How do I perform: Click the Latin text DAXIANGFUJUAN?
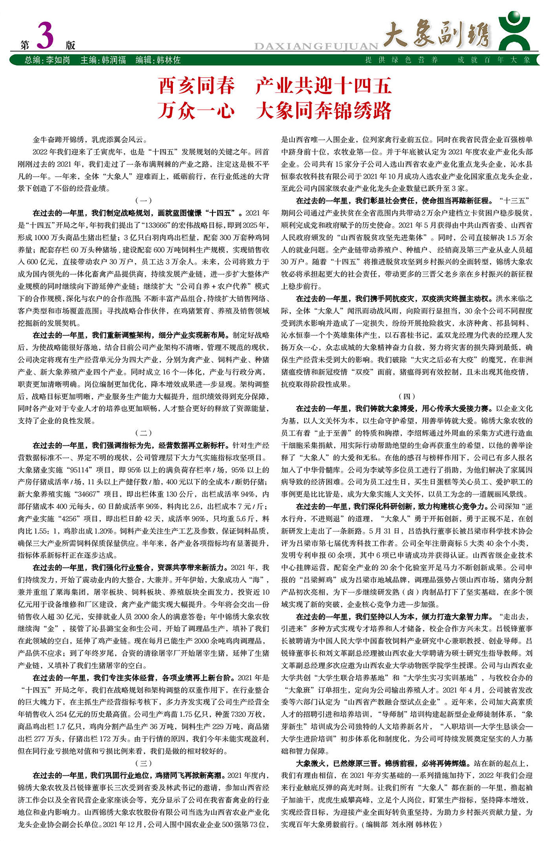tap(316, 46)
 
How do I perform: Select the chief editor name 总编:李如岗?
tap(47, 60)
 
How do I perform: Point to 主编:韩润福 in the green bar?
tap(103, 60)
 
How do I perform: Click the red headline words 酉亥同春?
tap(196, 86)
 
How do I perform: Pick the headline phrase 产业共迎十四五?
tap(323, 86)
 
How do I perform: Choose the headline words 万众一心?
tap(196, 111)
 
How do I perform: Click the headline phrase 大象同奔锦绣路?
tap(323, 111)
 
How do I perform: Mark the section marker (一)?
tap(144, 201)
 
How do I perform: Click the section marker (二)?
tap(144, 433)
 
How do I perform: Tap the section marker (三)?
tap(144, 763)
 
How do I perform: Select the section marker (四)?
tap(407, 396)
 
